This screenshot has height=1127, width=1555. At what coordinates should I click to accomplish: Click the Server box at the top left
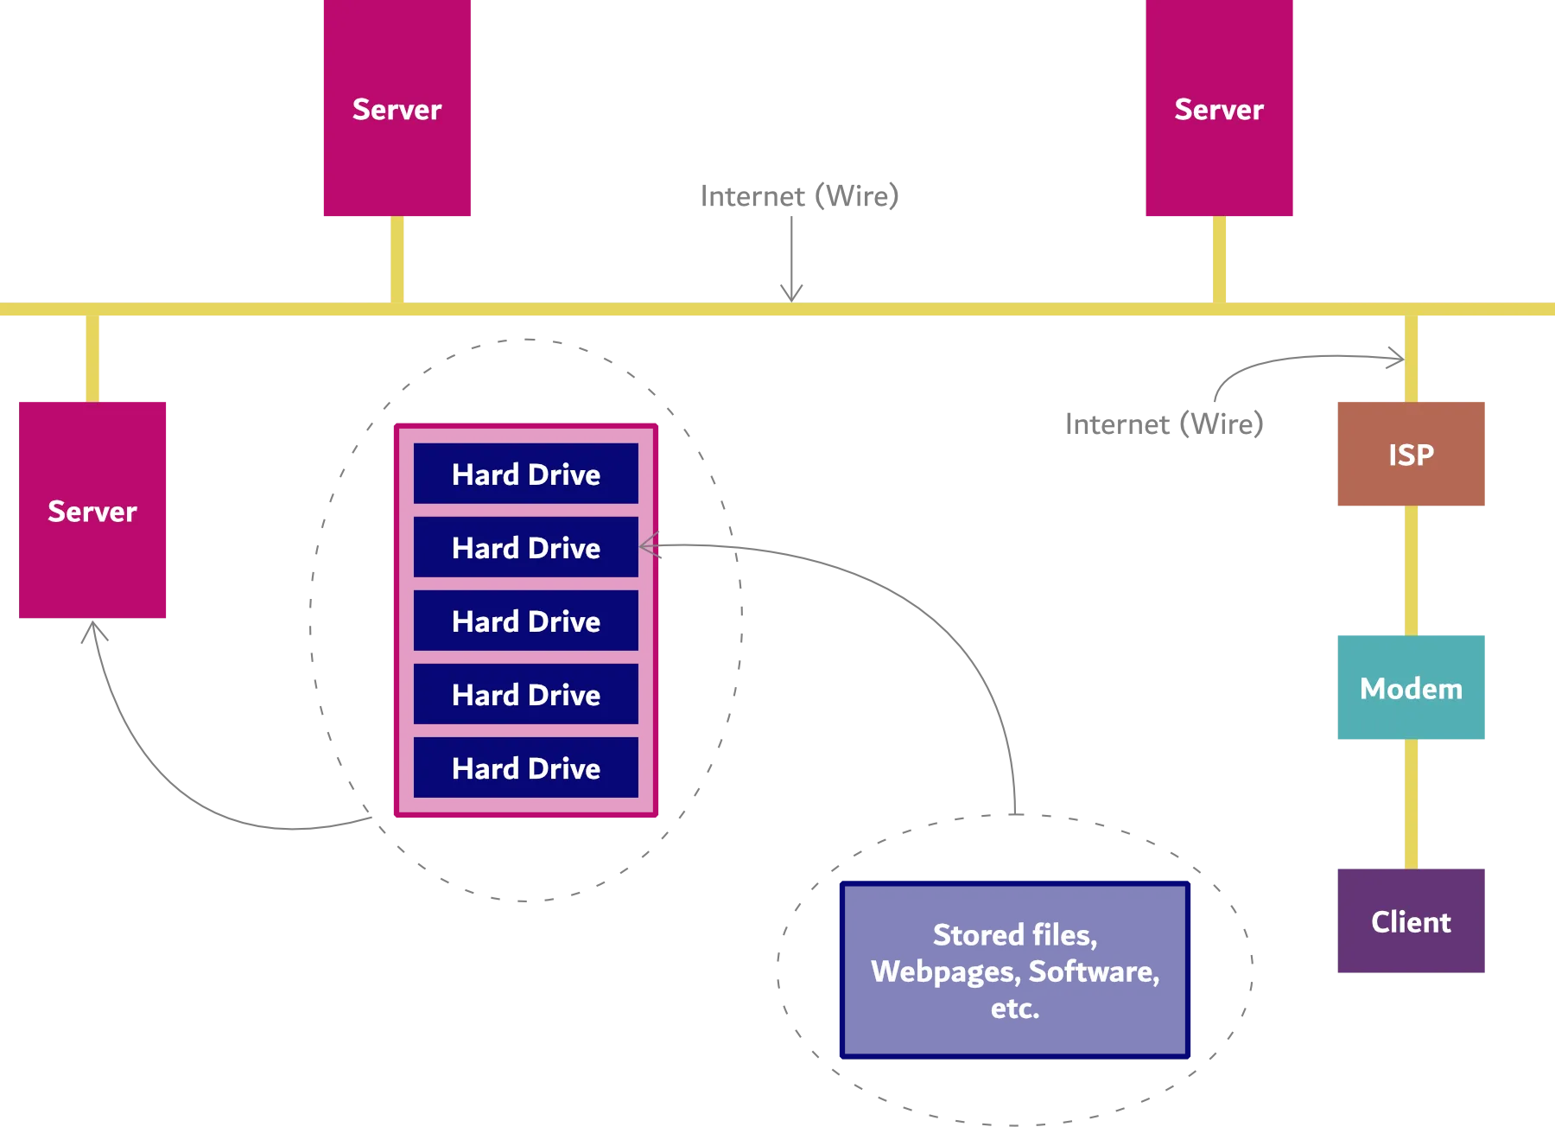(x=397, y=109)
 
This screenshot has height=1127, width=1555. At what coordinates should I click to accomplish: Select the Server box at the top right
(x=1219, y=109)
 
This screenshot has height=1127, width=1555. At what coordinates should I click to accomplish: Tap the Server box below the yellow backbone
(x=92, y=511)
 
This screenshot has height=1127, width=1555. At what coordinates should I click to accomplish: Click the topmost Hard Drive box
(x=525, y=474)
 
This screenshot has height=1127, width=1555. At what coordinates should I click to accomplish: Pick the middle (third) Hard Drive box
(x=525, y=621)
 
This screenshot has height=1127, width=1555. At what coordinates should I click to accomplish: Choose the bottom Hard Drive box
(x=525, y=767)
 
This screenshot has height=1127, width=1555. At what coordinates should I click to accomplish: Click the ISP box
(x=1410, y=455)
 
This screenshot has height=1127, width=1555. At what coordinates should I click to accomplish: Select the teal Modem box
(x=1410, y=687)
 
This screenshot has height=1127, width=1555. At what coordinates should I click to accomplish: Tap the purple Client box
(x=1410, y=920)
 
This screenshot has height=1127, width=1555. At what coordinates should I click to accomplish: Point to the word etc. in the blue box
(x=1015, y=1008)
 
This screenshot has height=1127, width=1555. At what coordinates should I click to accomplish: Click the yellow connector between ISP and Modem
(x=1412, y=570)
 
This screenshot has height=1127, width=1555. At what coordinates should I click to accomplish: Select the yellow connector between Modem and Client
(x=1412, y=802)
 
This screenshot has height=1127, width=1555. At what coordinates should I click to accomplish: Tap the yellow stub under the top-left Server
(x=397, y=258)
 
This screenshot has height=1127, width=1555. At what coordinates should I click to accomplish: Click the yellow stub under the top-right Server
(x=1220, y=258)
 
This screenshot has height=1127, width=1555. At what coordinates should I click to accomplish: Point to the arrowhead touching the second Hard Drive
(x=651, y=545)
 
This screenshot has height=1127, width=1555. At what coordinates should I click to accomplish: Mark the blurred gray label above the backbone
(x=797, y=195)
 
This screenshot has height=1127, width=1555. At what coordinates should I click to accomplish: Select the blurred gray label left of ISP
(x=1164, y=423)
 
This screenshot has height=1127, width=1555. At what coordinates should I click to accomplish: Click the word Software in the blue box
(x=1094, y=971)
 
